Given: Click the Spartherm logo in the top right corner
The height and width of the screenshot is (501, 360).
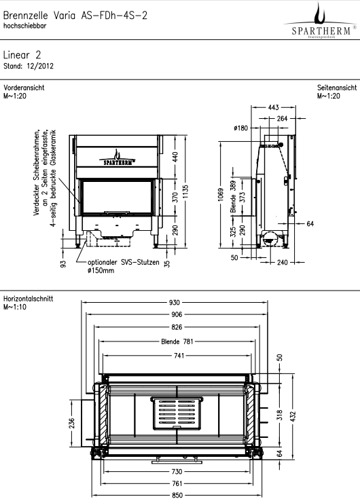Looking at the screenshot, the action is coord(321,20).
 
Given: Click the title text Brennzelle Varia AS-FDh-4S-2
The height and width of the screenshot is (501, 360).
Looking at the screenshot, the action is coord(75,16).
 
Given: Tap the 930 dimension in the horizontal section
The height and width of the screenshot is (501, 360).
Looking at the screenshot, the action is coord(175,302).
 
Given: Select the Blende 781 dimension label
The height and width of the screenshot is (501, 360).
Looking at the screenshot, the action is coord(177,341).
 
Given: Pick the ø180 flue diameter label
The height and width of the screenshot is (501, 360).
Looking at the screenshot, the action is coord(240,128).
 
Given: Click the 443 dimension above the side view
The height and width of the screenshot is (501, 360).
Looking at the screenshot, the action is coord(273,107).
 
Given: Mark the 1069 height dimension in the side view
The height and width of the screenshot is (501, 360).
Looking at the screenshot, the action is coord(221,195).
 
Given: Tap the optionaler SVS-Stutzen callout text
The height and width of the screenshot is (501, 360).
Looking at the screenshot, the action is coord(124,263).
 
